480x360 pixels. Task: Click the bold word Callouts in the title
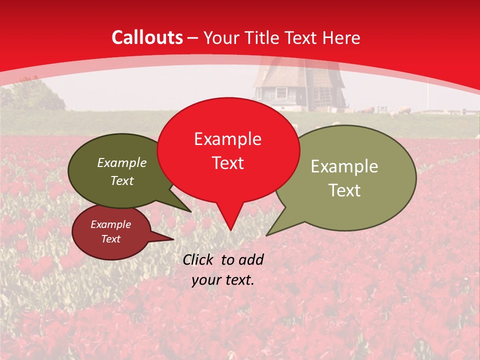pos(147,37)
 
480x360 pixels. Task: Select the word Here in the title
pos(341,37)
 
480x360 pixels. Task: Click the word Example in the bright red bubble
pos(227,139)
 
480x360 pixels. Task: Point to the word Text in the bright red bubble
pos(227,163)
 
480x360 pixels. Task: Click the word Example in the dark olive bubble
pos(122,162)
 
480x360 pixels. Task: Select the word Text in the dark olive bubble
pos(122,180)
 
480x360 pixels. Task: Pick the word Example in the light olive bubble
pos(344,166)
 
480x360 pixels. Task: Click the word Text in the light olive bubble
pos(344,190)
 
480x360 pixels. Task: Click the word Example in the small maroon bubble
pos(110,224)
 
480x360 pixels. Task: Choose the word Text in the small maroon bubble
pos(110,239)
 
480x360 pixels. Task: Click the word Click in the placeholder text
pos(199,259)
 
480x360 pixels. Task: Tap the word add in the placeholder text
pos(251,259)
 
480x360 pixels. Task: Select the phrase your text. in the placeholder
pos(223,280)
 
